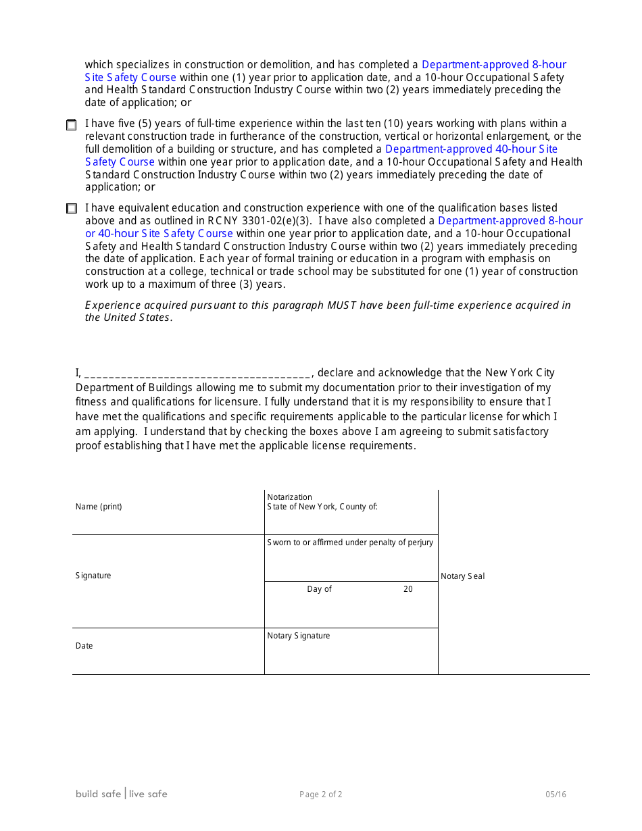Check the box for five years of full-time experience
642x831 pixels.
click(71, 125)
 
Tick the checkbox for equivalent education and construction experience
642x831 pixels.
click(71, 209)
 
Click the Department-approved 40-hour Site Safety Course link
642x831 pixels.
click(471, 149)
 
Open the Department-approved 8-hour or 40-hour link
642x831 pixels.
click(510, 220)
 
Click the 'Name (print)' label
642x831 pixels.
click(99, 507)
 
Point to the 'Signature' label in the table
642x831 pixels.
click(93, 576)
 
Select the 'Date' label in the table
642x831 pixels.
click(84, 646)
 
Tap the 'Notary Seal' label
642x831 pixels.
click(462, 576)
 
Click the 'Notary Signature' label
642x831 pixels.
click(299, 636)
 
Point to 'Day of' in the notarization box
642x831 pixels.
click(319, 589)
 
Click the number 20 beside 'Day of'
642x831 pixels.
click(408, 589)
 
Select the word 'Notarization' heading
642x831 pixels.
click(290, 497)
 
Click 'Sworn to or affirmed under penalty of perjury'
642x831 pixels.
click(350, 543)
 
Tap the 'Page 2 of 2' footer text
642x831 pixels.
click(321, 795)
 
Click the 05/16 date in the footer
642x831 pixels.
click(556, 795)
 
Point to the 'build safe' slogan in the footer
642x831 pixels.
click(98, 794)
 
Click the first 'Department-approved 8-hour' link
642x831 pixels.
click(493, 65)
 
